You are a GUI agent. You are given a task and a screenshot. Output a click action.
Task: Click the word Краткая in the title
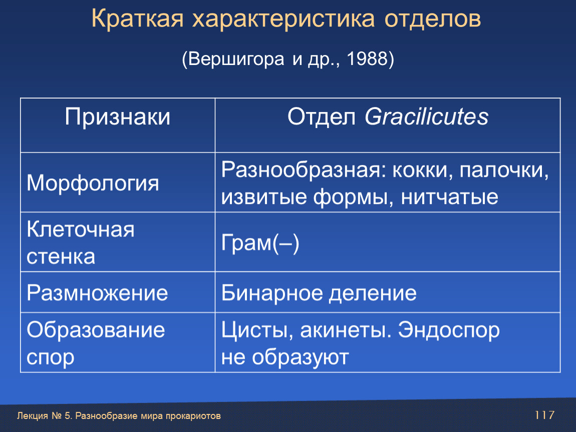(x=137, y=18)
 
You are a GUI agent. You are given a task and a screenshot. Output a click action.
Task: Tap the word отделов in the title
(x=432, y=19)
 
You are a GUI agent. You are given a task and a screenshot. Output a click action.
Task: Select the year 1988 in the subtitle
(x=367, y=58)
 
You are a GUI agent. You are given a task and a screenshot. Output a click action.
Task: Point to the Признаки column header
(x=118, y=117)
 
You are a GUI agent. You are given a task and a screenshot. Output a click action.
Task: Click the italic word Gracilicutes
(x=426, y=117)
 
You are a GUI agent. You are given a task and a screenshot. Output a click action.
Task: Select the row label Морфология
(x=93, y=183)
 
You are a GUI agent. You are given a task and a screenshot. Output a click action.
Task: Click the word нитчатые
(x=449, y=197)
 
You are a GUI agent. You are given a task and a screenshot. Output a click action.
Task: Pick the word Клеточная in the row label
(x=81, y=229)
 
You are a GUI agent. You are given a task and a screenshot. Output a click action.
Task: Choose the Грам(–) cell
(x=260, y=243)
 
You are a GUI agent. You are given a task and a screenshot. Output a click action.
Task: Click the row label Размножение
(x=97, y=293)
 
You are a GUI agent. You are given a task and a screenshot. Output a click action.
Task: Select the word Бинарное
(x=272, y=293)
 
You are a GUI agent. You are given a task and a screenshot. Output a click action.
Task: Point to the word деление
(x=373, y=293)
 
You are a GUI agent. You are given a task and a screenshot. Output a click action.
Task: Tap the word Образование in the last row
(x=96, y=329)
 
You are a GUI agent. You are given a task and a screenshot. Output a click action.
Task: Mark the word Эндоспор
(x=449, y=330)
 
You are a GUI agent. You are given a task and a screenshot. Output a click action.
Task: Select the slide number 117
(x=544, y=415)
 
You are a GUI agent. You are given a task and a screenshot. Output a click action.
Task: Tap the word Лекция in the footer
(x=33, y=416)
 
